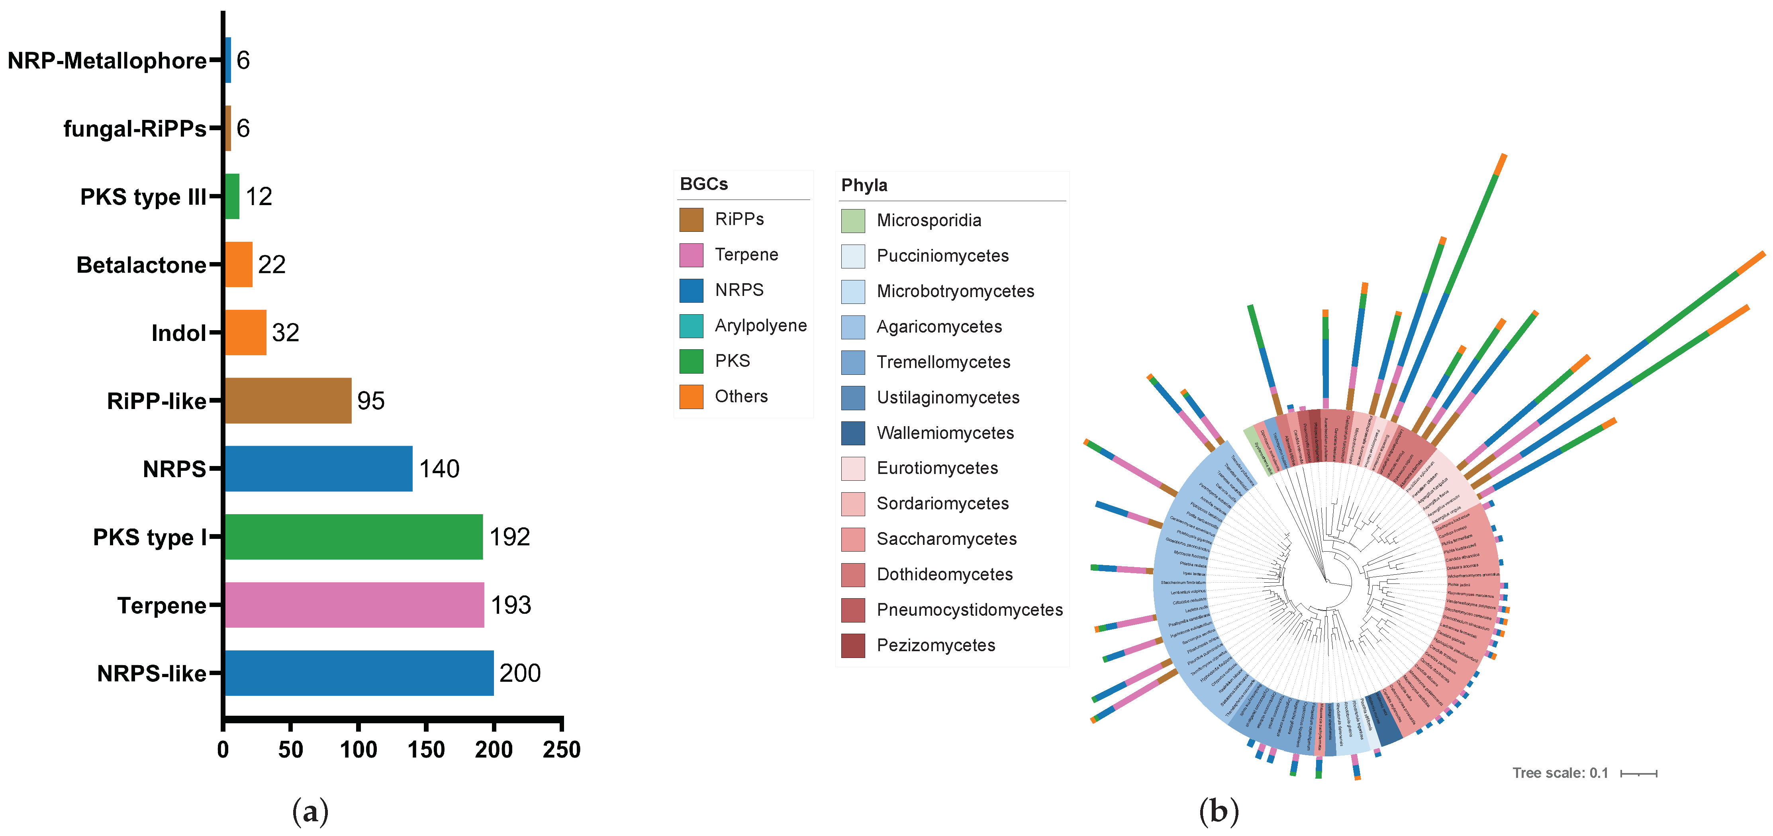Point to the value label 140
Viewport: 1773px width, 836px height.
439,468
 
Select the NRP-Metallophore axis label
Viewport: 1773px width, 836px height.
107,61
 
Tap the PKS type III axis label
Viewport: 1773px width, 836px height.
143,197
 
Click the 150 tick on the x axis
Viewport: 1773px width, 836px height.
426,749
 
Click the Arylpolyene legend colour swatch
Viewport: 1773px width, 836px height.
691,325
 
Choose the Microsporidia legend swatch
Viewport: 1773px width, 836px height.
853,220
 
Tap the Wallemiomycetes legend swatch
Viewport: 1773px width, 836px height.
853,433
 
